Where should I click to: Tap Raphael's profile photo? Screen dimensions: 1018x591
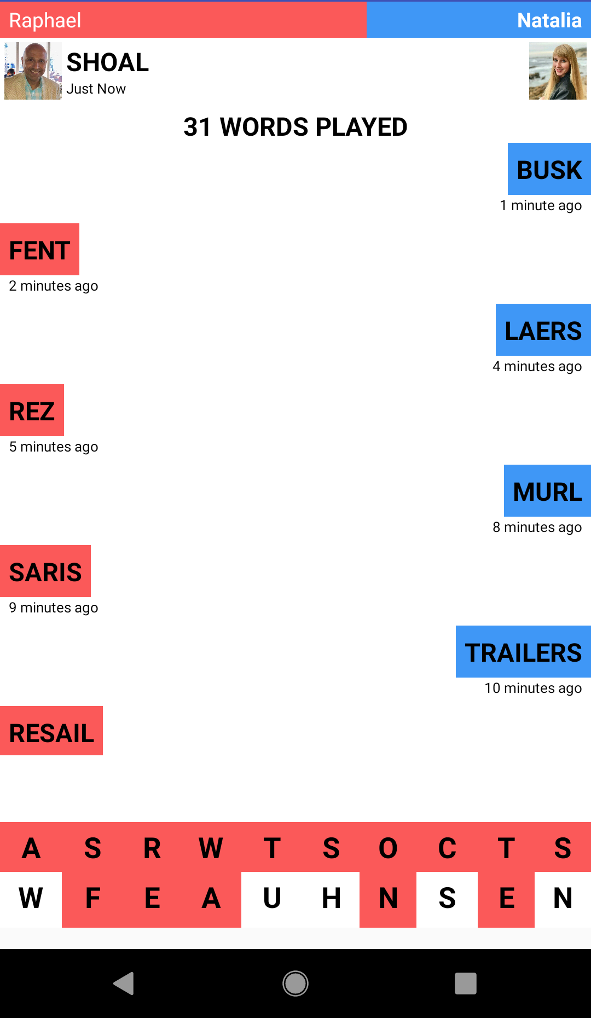(x=33, y=71)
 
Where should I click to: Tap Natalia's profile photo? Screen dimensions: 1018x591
(x=558, y=71)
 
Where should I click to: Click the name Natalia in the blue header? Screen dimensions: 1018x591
(x=549, y=20)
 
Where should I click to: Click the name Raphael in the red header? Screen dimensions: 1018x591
(x=45, y=20)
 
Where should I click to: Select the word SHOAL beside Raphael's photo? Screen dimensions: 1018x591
(x=108, y=62)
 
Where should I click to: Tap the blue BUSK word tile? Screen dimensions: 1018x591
(x=549, y=169)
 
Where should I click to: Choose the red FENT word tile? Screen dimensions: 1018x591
(x=39, y=250)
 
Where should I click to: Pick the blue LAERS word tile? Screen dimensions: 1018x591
(x=543, y=330)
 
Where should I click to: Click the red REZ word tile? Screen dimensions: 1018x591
(x=32, y=410)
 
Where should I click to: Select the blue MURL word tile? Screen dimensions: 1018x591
(x=547, y=491)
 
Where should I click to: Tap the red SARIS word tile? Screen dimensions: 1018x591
(x=45, y=571)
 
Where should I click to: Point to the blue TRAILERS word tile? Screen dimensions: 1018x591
(x=523, y=652)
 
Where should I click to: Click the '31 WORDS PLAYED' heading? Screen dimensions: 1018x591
(x=296, y=127)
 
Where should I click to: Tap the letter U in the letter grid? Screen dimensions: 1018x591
(x=272, y=899)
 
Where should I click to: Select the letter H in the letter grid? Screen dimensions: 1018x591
(x=331, y=899)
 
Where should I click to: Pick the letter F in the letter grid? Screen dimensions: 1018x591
(x=92, y=899)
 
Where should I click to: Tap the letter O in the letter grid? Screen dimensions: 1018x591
(x=388, y=848)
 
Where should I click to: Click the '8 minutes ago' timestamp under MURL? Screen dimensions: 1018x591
(x=537, y=527)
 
